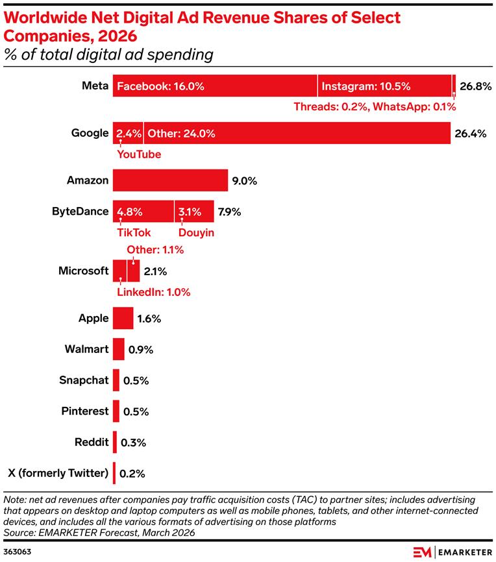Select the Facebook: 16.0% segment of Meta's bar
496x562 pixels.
tap(215, 86)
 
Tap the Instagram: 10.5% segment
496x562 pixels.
tap(384, 86)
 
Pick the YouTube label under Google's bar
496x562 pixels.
tap(138, 154)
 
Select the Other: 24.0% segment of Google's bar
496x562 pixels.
tap(297, 134)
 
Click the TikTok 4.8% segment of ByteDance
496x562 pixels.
tap(143, 211)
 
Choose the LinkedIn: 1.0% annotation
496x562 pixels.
tap(153, 292)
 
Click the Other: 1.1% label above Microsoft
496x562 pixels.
tap(155, 250)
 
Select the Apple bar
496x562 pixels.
tap(123, 319)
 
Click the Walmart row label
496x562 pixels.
tap(86, 349)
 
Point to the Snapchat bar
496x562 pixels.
tap(116, 380)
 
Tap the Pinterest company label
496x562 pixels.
tap(84, 411)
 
